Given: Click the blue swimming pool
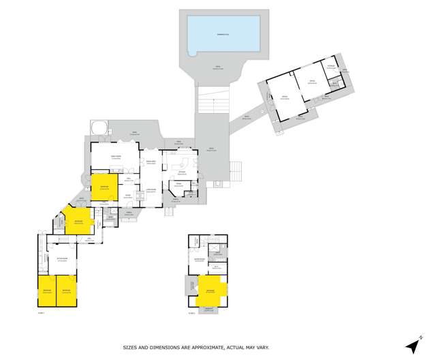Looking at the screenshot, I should coord(223,31).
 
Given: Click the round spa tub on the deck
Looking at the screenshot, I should coord(98,126).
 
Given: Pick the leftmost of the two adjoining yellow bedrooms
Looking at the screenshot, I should coord(46,290).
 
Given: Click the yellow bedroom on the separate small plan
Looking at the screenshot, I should coord(211,291).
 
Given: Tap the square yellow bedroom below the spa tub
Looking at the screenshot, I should coord(104,187).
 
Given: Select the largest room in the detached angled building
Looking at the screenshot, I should coord(283,100).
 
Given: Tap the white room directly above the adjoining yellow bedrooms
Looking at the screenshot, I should coord(61,260).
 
